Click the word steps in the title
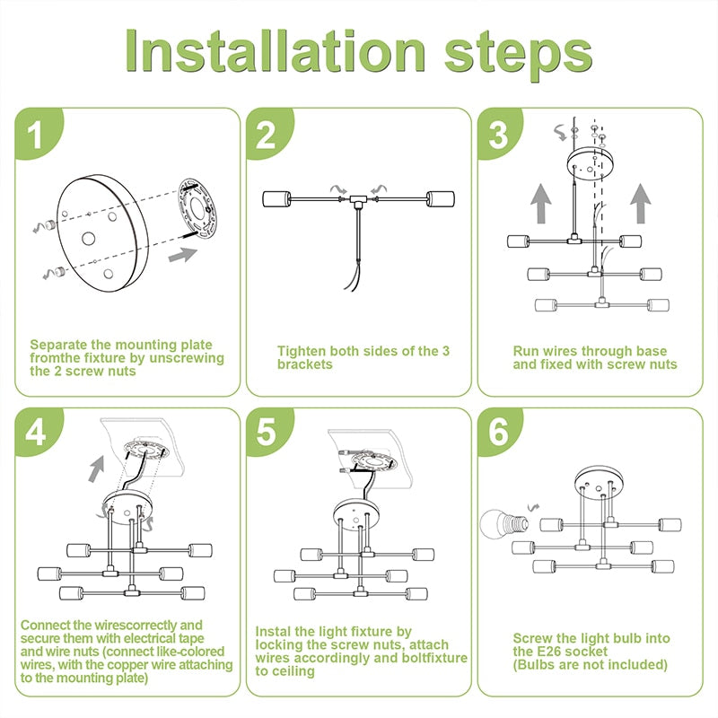pos(519,56)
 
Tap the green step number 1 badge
pos(39,134)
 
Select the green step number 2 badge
pos(269,134)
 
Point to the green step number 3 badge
pos(500,134)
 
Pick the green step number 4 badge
pos(39,433)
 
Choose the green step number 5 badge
pos(269,433)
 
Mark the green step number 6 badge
pos(500,433)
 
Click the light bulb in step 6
pos(503,523)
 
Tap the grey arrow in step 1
pos(183,255)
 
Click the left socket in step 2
pos(277,199)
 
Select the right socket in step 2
pos(441,199)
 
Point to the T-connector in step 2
pos(357,200)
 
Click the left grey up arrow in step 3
pos(541,204)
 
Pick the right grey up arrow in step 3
pos(641,204)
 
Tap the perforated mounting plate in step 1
pos(197,209)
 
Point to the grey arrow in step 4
pos(97,468)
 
